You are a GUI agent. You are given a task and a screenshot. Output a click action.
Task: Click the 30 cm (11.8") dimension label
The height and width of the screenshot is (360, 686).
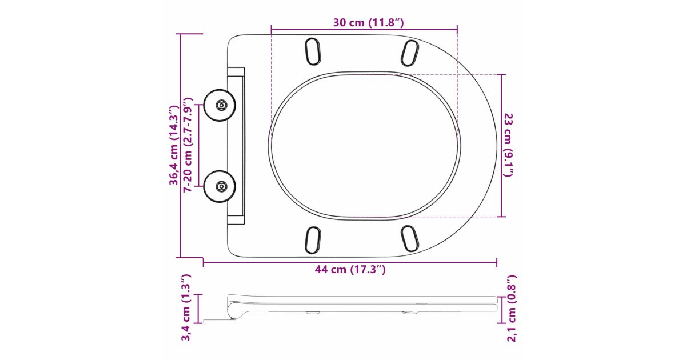point(368,22)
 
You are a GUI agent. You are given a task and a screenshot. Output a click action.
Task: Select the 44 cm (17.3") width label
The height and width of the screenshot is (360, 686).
point(350,269)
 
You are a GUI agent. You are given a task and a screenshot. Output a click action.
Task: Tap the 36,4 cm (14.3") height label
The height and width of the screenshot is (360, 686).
point(174,145)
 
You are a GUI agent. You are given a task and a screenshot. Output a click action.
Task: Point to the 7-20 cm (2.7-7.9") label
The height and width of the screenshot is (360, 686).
point(187,145)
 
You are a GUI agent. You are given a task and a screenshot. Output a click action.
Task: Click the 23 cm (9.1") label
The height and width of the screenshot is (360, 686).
point(509,145)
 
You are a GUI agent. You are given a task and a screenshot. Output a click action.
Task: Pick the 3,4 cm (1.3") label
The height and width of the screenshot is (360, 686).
point(186,307)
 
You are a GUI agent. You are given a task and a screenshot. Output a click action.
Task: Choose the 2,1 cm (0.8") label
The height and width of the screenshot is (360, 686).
point(512,308)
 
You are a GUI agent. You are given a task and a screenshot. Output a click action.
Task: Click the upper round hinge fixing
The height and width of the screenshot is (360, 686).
point(220,105)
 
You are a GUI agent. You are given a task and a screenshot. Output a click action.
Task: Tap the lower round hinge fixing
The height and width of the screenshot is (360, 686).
point(220,186)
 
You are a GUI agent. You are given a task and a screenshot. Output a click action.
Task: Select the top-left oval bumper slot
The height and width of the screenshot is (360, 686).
point(313,51)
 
